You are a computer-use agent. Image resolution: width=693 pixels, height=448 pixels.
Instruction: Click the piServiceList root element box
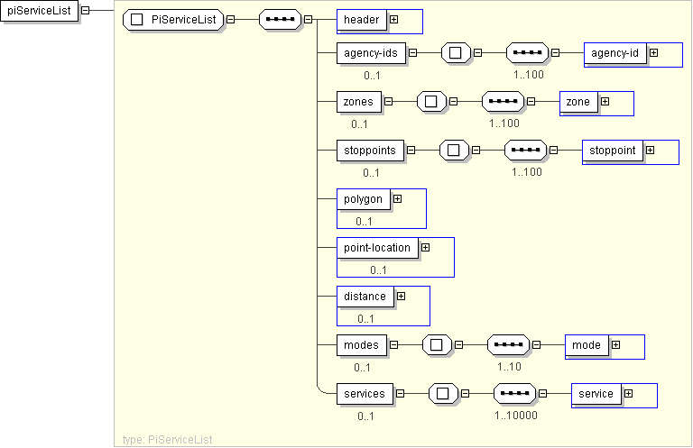point(40,11)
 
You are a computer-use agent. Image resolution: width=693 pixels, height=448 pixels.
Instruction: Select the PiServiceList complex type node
point(173,20)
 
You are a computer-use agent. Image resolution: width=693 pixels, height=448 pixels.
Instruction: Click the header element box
point(362,20)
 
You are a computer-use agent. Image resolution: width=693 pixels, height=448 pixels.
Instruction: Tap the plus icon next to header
point(393,20)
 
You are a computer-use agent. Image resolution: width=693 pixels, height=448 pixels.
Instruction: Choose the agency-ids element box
point(371,53)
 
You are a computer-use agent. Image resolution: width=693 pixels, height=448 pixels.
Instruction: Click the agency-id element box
point(614,53)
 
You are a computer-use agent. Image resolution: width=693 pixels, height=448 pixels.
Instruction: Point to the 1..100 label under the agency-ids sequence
point(529,75)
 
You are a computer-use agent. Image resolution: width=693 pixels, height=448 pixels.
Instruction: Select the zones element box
point(359,102)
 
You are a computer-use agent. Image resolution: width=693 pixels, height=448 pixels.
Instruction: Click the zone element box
point(578,102)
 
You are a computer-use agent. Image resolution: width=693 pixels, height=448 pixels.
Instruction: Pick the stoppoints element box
point(370,151)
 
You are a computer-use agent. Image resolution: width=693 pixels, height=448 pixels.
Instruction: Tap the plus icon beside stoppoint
point(650,150)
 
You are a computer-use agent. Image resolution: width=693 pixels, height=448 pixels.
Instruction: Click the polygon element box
point(364,199)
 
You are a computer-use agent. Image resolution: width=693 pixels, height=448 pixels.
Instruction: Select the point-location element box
point(377,248)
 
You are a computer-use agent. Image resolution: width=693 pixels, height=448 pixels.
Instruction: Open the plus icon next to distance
point(401,297)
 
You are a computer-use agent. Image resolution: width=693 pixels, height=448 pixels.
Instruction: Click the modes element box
point(362,345)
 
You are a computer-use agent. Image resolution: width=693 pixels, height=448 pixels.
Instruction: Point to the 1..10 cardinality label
point(509,367)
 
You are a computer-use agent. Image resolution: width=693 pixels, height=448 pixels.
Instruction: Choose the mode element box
point(587,345)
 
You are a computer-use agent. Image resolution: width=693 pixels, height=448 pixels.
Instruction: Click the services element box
point(365,394)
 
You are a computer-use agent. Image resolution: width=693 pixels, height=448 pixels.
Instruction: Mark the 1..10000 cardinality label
point(516,416)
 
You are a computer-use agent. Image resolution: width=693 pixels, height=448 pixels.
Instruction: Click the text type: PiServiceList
point(168,440)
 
